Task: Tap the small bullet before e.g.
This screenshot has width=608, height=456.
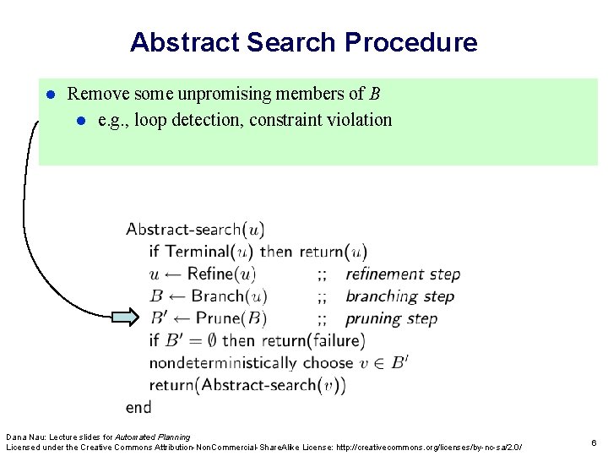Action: pos(81,121)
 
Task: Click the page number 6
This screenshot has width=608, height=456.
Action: pos(594,442)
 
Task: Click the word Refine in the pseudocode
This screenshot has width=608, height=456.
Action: pos(211,274)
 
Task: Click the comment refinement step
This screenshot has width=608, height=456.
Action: pos(403,274)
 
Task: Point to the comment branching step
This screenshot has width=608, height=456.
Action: pos(399,296)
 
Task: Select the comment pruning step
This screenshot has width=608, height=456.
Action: pos(391,318)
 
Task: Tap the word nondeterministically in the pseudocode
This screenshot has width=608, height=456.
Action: pos(223,363)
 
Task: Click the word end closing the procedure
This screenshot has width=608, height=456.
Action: pos(138,407)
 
